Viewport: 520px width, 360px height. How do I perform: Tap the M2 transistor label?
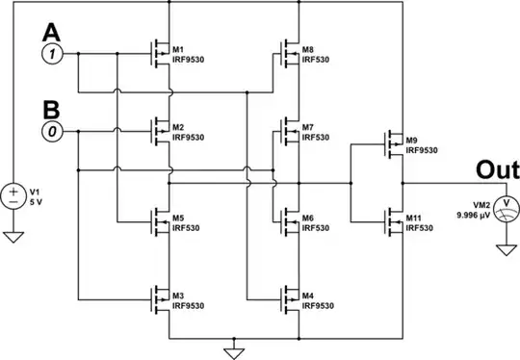(178, 127)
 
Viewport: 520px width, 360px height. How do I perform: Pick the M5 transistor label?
(178, 217)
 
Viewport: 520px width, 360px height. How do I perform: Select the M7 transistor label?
(307, 127)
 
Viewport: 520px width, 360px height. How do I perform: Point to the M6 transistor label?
(307, 217)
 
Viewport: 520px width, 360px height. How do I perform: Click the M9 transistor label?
(412, 141)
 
